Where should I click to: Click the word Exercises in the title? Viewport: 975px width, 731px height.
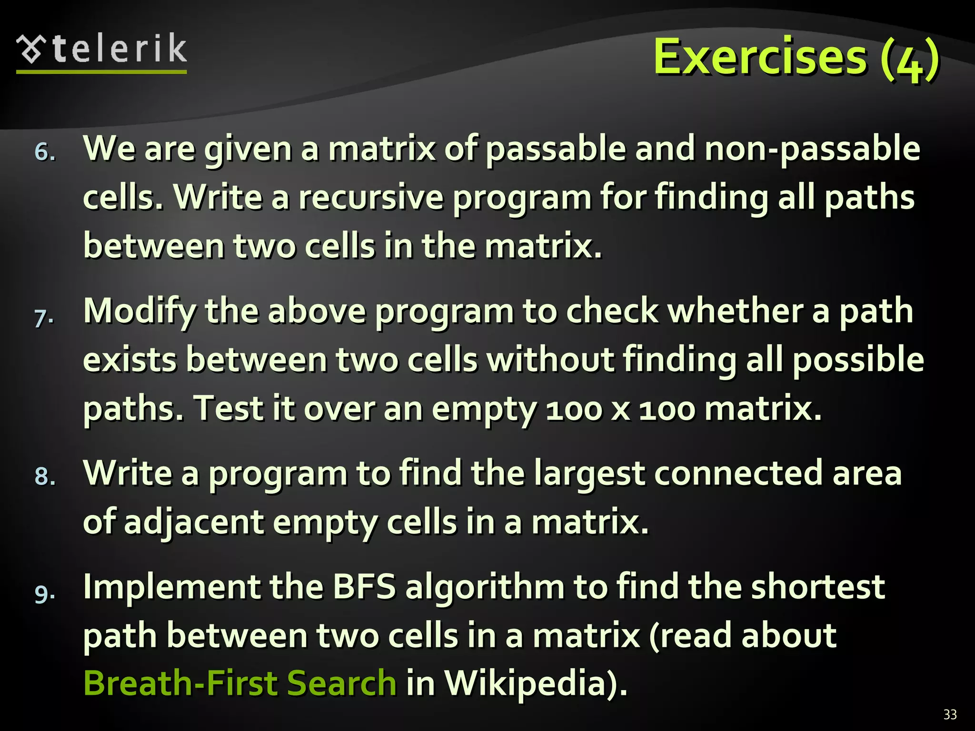(x=760, y=57)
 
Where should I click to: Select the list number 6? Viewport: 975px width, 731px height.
(x=45, y=152)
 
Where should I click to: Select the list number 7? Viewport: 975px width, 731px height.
(x=44, y=317)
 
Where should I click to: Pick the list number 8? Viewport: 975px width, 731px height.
(x=45, y=476)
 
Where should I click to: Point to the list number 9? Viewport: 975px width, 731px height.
(x=45, y=593)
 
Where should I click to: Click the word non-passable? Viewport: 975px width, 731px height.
(x=812, y=149)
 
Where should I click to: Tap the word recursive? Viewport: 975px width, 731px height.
(x=371, y=198)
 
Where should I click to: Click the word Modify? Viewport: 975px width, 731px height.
(x=139, y=312)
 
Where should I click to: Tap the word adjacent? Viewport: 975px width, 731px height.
(x=193, y=523)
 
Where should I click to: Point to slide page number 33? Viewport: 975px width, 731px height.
(x=950, y=714)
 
